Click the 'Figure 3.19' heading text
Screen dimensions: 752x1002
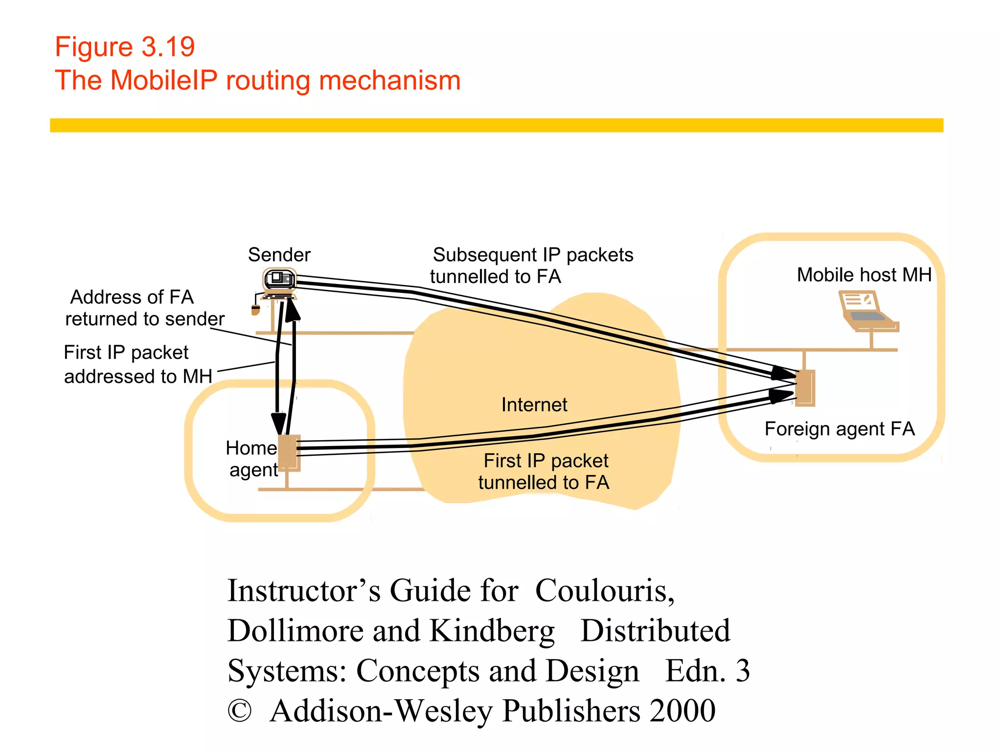coord(125,47)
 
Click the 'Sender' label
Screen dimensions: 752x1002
coord(279,255)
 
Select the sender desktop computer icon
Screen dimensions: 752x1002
coord(279,282)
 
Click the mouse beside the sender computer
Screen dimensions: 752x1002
coord(255,309)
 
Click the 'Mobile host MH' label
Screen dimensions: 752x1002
coord(864,275)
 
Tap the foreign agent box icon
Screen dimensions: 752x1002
coord(805,388)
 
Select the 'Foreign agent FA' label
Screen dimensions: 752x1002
coord(839,429)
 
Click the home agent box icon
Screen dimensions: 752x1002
coord(289,452)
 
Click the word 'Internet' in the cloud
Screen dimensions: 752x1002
coord(534,405)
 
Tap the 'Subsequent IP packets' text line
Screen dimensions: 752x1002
coord(533,255)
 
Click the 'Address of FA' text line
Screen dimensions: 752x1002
coord(132,297)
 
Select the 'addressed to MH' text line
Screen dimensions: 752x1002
coord(138,376)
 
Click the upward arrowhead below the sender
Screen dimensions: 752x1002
coord(293,309)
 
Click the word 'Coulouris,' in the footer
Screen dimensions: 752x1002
coord(605,590)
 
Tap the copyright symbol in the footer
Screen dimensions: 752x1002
coord(239,711)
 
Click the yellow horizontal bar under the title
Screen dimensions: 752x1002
coord(496,125)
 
